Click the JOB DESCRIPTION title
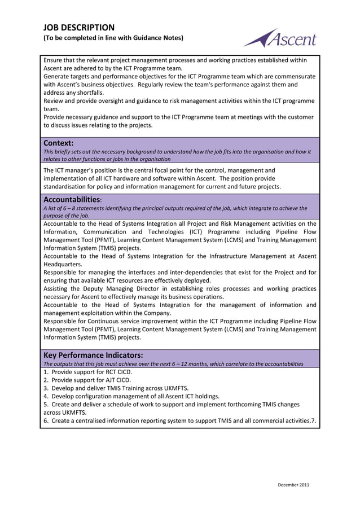[78, 27]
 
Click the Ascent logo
[280, 38]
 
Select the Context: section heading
[59, 143]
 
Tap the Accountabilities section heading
[72, 200]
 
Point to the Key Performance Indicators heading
[93, 356]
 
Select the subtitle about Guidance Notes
[113, 38]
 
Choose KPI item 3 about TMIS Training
[116, 388]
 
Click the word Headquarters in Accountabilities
[63, 264]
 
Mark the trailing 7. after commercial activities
[313, 420]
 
